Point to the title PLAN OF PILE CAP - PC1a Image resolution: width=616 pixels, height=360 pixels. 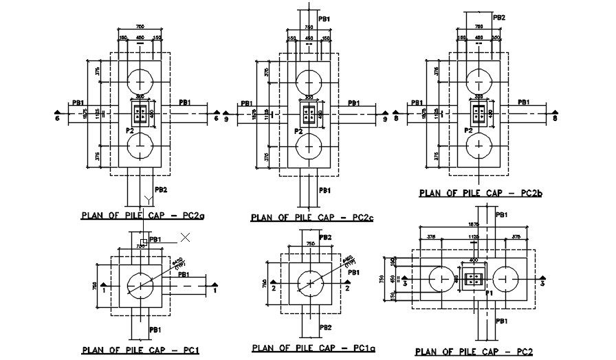click(x=309, y=348)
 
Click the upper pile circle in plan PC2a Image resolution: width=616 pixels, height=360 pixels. click(x=140, y=78)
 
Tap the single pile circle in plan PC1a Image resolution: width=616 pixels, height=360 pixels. click(x=309, y=282)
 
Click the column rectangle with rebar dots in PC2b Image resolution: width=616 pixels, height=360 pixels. click(x=479, y=114)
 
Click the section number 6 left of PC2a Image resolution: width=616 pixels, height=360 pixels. click(x=58, y=119)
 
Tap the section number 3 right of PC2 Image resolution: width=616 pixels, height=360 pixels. click(x=542, y=282)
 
